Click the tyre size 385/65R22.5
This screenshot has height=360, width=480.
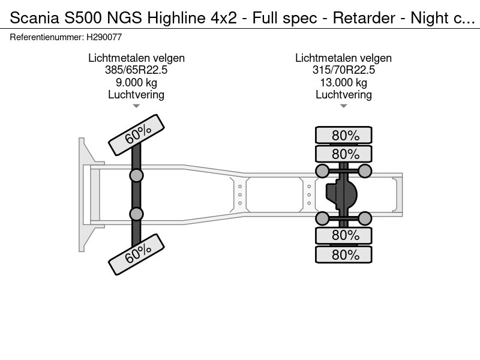pos(136,70)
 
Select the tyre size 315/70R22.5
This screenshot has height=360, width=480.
pos(343,70)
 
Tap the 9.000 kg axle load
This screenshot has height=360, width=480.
pos(136,82)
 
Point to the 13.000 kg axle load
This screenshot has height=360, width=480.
pos(343,82)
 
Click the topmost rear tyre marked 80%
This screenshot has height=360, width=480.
pos(344,135)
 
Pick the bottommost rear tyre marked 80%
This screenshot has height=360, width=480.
pos(344,254)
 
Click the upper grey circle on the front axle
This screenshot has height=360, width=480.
pos(136,175)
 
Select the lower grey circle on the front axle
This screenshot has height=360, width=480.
pos(136,214)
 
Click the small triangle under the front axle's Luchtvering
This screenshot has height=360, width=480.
pos(136,106)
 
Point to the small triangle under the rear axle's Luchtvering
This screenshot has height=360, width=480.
pos(343,106)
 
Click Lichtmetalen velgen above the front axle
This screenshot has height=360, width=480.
pos(136,58)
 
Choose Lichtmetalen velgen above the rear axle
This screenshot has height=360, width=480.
pos(343,58)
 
